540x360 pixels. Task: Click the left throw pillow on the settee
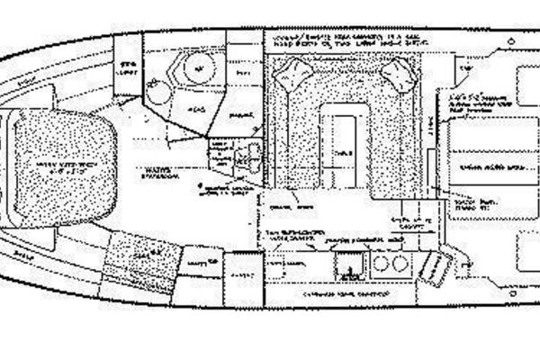290,76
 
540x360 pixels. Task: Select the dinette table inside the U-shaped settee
344,150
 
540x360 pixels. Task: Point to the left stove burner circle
377,264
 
